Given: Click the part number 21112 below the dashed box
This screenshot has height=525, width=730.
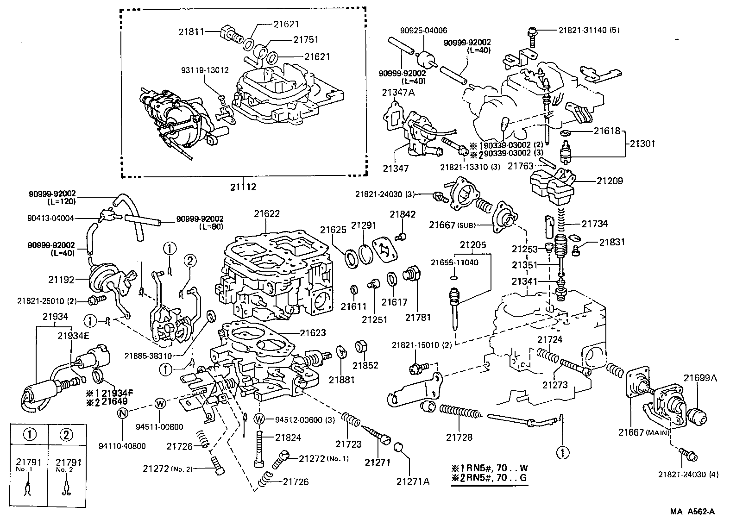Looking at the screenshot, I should click(243, 187).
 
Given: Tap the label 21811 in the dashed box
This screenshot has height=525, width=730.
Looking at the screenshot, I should click(190, 32).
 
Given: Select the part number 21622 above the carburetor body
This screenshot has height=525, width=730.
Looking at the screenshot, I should click(267, 214).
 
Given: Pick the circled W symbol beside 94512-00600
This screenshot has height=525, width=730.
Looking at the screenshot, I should click(259, 419).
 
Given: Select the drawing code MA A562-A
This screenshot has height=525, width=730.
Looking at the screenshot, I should click(692, 512).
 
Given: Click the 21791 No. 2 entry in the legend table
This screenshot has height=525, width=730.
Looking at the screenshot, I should click(68, 465).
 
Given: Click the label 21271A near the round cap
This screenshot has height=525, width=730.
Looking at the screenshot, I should click(413, 481).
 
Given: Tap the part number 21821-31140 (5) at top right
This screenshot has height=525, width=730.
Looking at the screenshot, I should click(588, 30).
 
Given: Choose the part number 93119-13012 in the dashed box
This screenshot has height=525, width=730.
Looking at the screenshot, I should click(205, 70).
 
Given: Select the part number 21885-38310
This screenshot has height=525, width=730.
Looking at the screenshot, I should click(148, 356).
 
